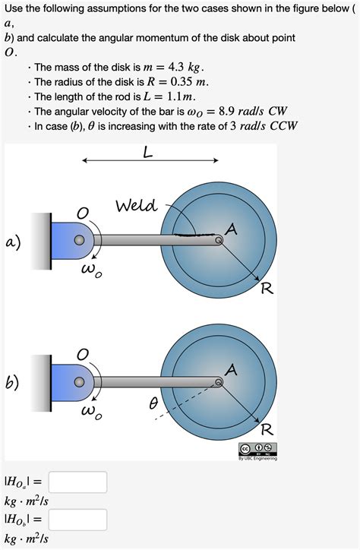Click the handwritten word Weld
tap(137, 206)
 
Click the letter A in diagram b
tap(232, 370)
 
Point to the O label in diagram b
tap(83, 356)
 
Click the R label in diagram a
tap(267, 289)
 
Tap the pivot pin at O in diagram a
tap(79, 240)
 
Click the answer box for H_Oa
tap(79, 482)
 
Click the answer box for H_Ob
tap(79, 520)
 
